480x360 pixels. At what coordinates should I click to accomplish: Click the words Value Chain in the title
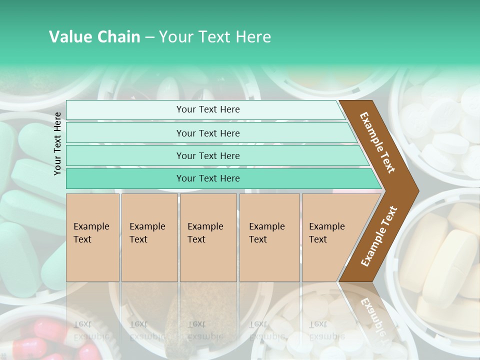point(94,37)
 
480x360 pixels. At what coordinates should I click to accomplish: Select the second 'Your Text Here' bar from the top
point(208,133)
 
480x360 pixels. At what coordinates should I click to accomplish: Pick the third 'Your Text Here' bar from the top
point(208,155)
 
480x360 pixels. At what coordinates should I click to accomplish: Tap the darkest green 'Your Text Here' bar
point(208,178)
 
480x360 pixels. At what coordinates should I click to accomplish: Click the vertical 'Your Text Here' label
point(57,143)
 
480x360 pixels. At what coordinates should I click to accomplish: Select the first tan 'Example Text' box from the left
point(92,237)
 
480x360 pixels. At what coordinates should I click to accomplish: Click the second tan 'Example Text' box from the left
point(149,237)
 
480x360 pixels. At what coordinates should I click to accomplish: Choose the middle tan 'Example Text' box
point(208,237)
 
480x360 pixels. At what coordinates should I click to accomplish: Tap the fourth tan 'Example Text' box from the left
point(269,237)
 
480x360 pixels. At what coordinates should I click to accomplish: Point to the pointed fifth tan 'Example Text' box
point(330,237)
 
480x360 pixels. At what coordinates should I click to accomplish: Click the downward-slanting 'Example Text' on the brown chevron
point(377,142)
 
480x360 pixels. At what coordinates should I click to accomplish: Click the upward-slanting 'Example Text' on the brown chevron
point(379,236)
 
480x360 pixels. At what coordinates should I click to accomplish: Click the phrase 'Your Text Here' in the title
point(215,37)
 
